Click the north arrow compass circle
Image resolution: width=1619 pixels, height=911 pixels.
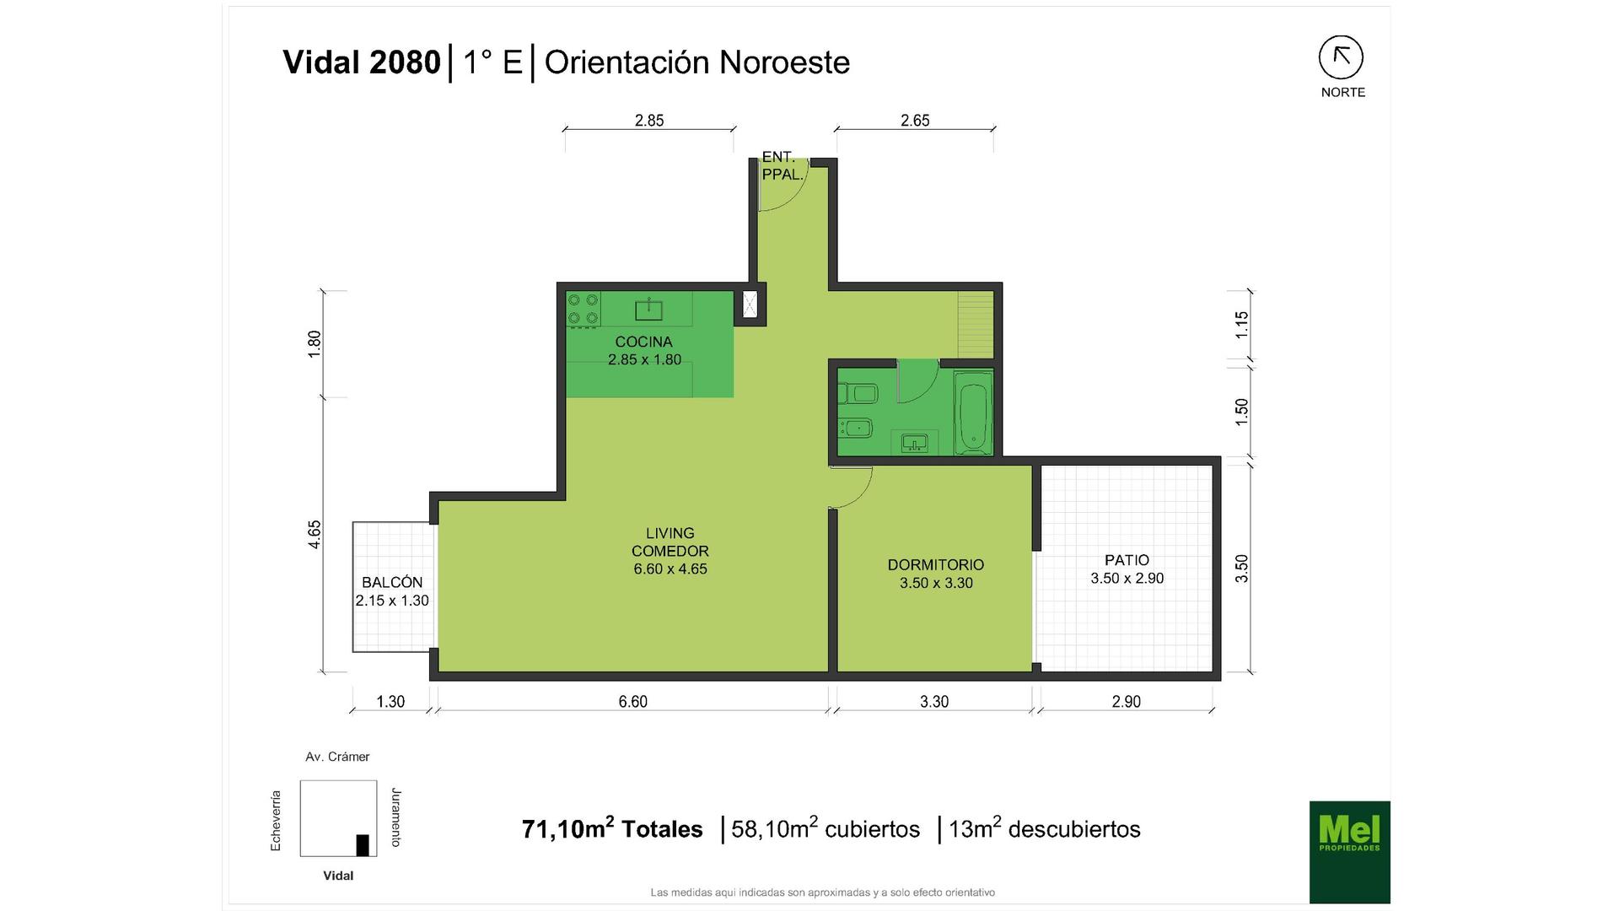[1341, 57]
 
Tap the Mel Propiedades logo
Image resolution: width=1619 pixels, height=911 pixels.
[1349, 852]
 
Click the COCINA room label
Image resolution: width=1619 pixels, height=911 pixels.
[643, 342]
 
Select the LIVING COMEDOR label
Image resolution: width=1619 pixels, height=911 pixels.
[670, 542]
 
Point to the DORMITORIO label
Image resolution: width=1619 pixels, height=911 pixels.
[936, 564]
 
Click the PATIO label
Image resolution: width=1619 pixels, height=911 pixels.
[1127, 560]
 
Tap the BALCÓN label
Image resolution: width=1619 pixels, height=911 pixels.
[392, 582]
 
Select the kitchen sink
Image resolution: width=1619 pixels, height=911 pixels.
[648, 310]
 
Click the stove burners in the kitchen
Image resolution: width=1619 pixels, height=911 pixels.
[583, 309]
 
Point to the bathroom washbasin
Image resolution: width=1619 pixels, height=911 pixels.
[914, 442]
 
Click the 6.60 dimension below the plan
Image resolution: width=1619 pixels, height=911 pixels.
[632, 702]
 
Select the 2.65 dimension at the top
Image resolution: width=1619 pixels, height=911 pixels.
[915, 121]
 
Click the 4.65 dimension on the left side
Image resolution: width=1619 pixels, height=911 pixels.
[315, 535]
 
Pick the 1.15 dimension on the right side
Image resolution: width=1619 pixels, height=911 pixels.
[1241, 325]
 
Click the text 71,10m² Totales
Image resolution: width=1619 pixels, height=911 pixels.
[612, 828]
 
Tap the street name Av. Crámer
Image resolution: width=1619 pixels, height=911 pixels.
[337, 757]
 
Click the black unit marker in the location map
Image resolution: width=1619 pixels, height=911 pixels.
[363, 844]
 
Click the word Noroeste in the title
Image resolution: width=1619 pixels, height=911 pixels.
[784, 62]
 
